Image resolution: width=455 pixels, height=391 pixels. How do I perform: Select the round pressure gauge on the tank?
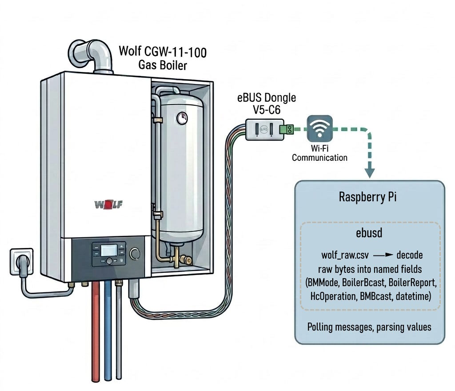[x=182, y=118]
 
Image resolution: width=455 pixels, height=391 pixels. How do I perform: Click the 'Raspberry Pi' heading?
[x=369, y=197]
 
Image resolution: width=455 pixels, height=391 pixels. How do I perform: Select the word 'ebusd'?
[x=369, y=233]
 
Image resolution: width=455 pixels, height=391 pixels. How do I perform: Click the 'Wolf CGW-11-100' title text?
[x=163, y=52]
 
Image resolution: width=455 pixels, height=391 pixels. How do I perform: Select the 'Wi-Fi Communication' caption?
[x=319, y=153]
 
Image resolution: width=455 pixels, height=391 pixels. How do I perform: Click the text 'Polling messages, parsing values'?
[x=369, y=327]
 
